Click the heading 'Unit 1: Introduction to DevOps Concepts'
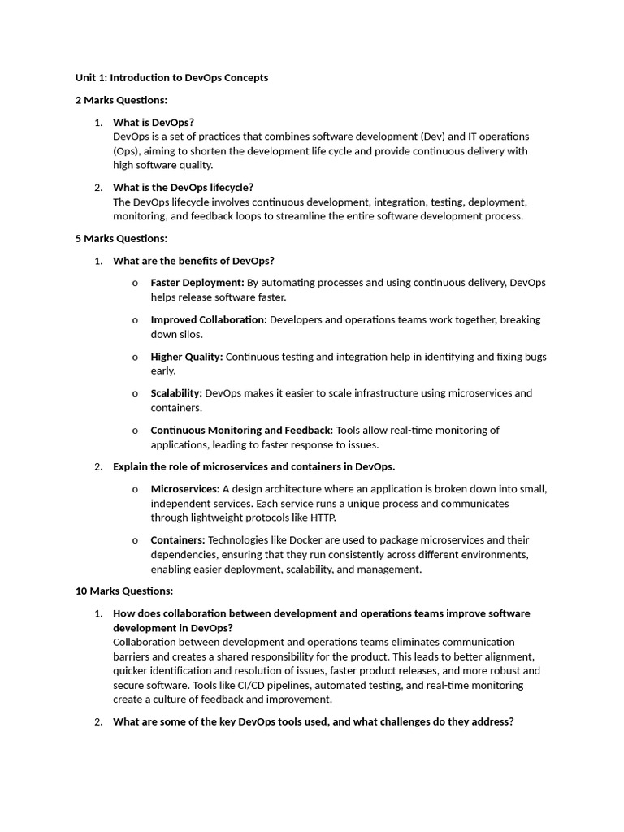tap(171, 78)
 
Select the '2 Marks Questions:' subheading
tap(121, 100)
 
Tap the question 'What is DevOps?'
tap(154, 122)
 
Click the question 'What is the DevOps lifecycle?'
tap(183, 187)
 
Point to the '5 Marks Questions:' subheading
tap(121, 238)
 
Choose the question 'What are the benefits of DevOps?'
tap(193, 261)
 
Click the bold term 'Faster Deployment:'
tap(197, 283)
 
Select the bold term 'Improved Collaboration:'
tap(209, 319)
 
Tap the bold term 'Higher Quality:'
tap(187, 356)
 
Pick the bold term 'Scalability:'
tap(176, 393)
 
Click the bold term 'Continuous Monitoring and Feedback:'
tap(241, 430)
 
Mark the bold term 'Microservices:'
tap(185, 489)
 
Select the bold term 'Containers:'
tap(178, 540)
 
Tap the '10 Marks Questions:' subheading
tap(124, 591)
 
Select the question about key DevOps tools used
tap(313, 721)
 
